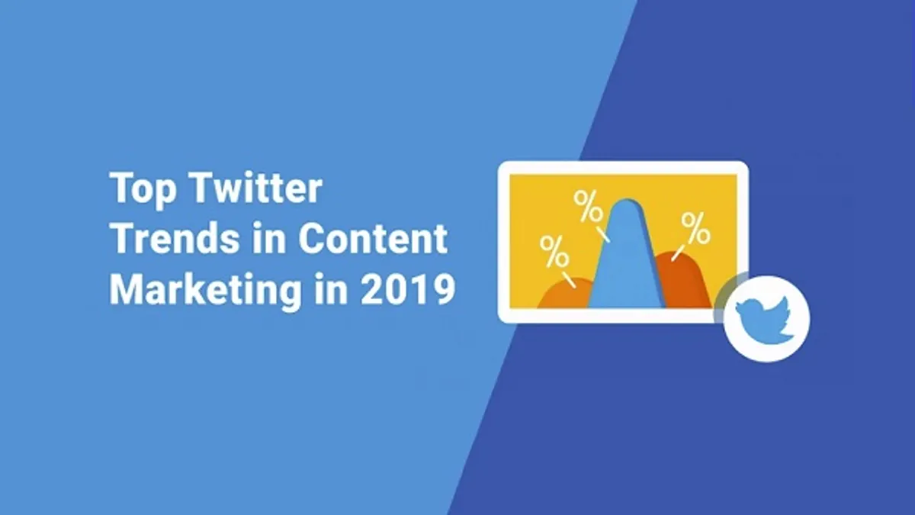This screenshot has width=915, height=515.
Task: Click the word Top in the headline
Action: (x=144, y=189)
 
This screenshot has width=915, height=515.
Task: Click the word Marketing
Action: (x=205, y=291)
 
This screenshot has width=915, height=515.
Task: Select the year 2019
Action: (x=408, y=289)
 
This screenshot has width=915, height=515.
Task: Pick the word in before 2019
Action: (x=331, y=288)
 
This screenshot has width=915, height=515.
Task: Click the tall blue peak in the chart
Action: (x=627, y=258)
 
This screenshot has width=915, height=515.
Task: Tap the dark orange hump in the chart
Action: (x=683, y=282)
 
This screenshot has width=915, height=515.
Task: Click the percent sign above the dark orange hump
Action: (x=695, y=228)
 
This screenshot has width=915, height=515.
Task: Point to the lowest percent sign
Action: (x=554, y=251)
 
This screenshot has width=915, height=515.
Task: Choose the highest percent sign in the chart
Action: (x=588, y=207)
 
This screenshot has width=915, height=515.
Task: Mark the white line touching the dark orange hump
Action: (x=678, y=253)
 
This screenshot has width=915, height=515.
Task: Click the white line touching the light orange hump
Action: (x=569, y=280)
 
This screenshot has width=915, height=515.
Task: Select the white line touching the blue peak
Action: (x=603, y=235)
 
